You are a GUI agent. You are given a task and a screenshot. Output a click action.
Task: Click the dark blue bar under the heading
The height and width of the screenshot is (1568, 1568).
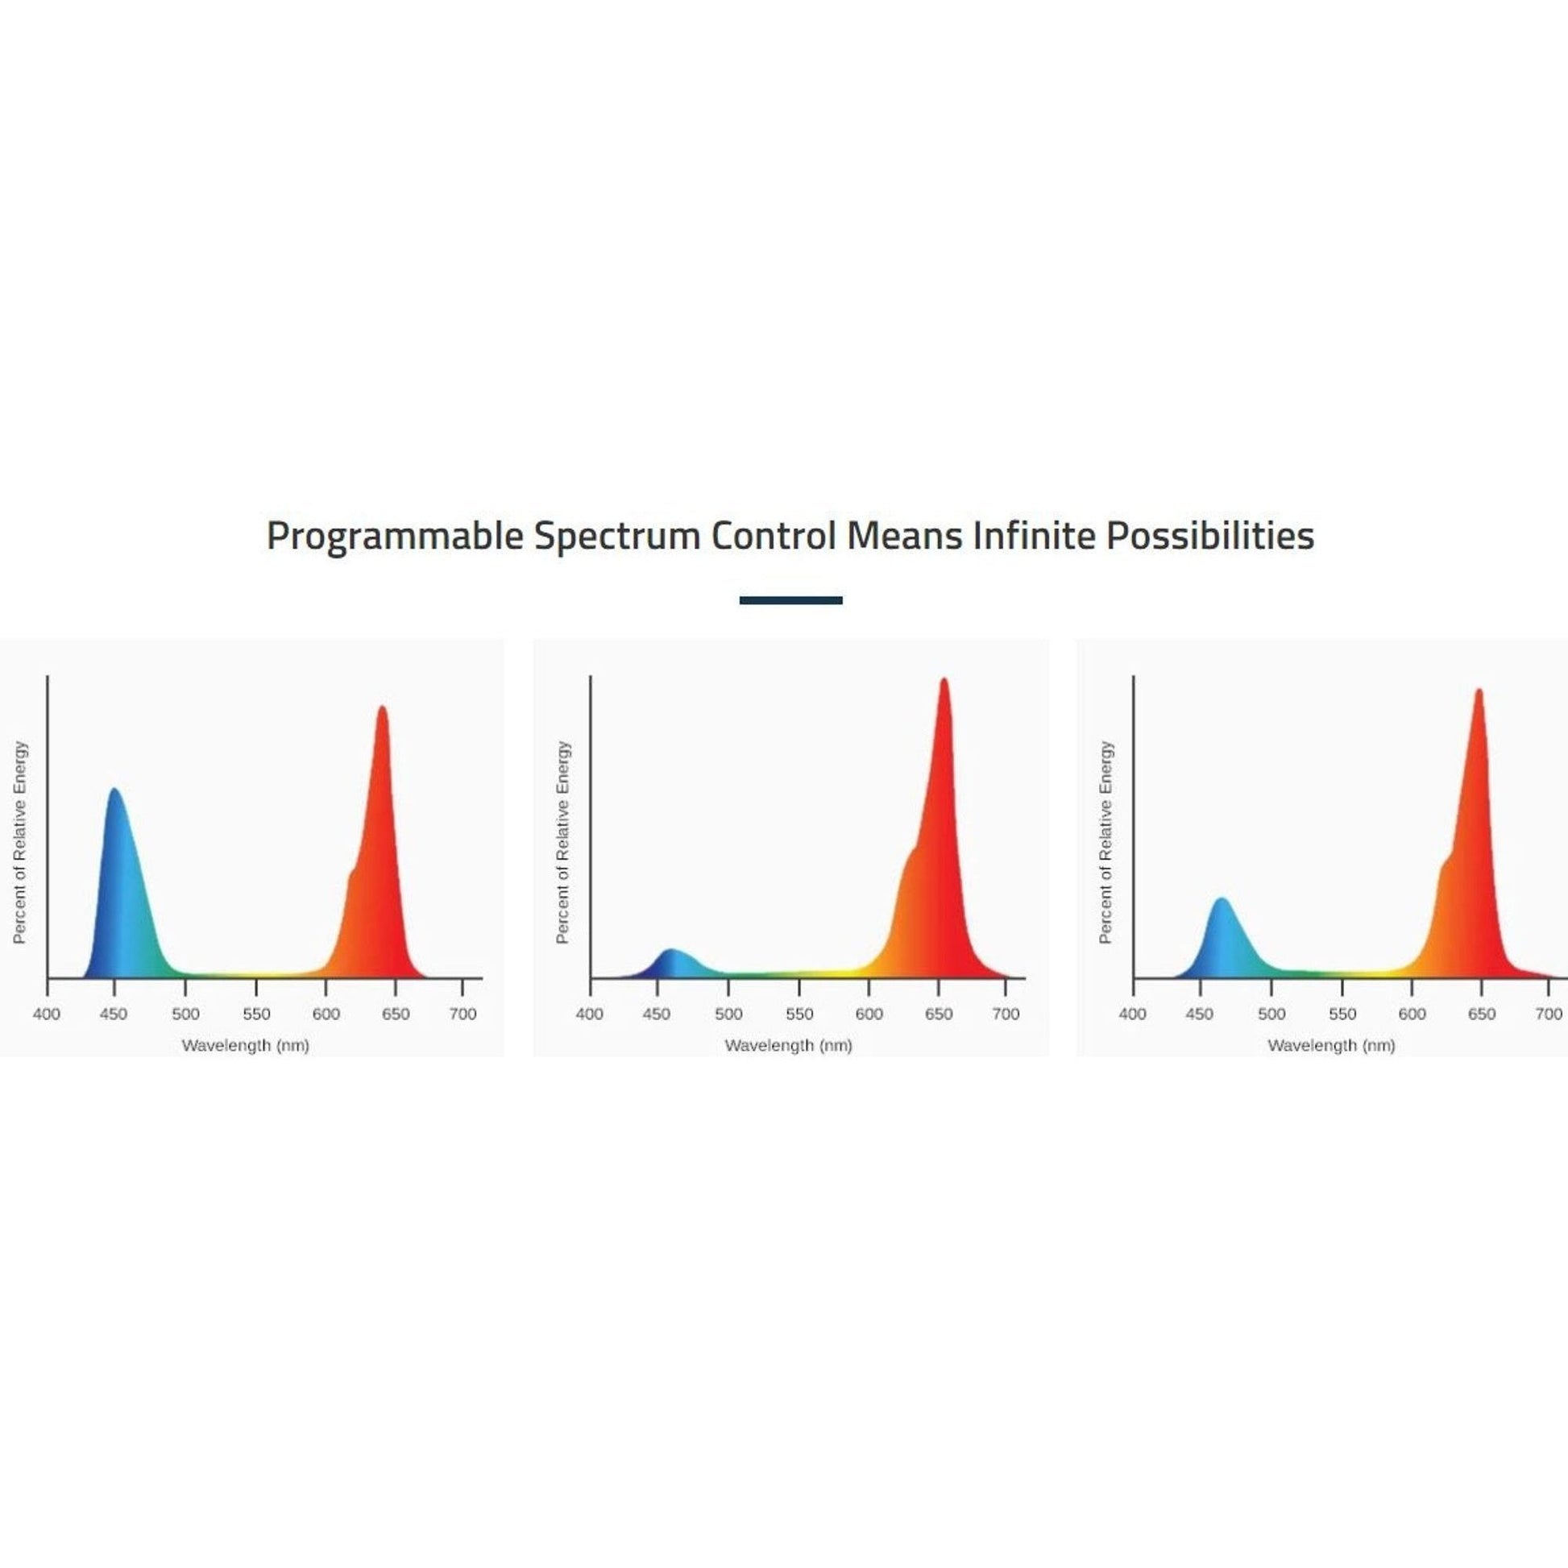(790, 600)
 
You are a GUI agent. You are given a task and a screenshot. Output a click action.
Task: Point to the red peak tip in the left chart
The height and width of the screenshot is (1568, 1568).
(381, 707)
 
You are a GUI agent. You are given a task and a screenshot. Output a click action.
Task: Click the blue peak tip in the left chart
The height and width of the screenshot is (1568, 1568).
(114, 789)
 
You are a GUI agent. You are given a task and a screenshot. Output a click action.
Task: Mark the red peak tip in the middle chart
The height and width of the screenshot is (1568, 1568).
(943, 679)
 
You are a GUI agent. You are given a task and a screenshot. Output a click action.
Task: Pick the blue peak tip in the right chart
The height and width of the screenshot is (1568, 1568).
(1221, 899)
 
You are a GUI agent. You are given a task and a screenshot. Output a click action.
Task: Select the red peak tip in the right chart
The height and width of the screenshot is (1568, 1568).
(1479, 691)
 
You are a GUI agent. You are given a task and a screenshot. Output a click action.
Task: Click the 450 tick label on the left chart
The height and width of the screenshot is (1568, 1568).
(114, 1014)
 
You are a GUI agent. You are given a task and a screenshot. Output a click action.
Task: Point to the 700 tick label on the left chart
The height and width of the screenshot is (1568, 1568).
(463, 1014)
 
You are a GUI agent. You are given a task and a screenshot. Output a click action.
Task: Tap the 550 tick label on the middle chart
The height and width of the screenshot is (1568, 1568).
(799, 1014)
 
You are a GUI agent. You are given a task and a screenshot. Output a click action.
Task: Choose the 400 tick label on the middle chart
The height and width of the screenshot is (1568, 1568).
(590, 1014)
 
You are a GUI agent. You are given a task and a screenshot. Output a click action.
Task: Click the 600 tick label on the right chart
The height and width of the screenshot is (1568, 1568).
(1412, 1014)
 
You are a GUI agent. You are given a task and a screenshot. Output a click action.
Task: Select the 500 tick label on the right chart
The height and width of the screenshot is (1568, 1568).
(1271, 1014)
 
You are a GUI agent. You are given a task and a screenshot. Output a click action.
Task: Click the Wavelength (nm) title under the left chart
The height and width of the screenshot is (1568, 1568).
(246, 1045)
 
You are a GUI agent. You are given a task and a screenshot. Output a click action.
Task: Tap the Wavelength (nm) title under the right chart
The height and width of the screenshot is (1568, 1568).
(1332, 1045)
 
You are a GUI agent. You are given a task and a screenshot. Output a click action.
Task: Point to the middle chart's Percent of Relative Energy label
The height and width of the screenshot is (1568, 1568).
(563, 843)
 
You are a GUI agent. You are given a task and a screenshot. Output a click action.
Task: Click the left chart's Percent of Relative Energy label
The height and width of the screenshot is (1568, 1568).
(20, 843)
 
